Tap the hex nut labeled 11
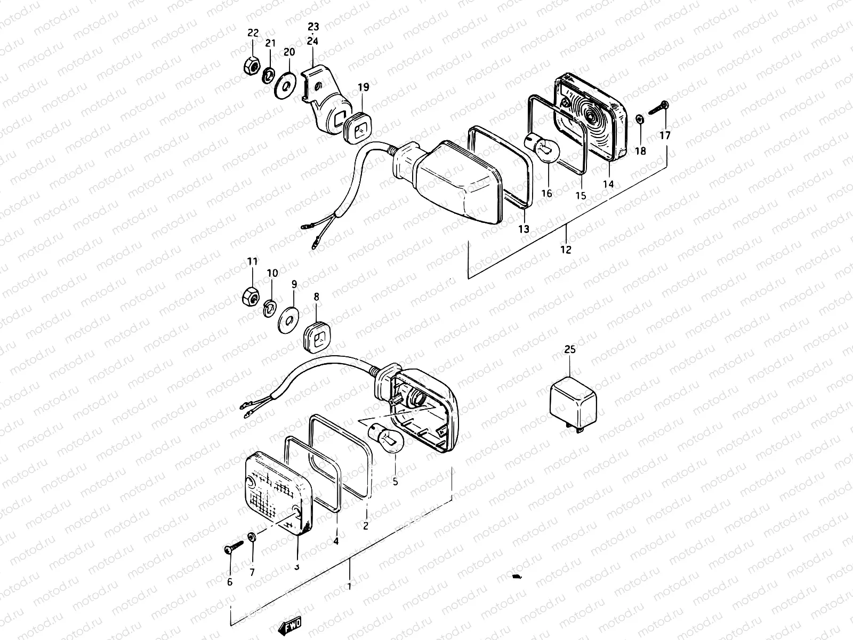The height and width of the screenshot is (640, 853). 251,295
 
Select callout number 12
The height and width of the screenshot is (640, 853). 566,249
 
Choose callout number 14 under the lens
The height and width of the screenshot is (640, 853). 608,183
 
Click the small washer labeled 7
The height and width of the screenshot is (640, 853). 252,537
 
